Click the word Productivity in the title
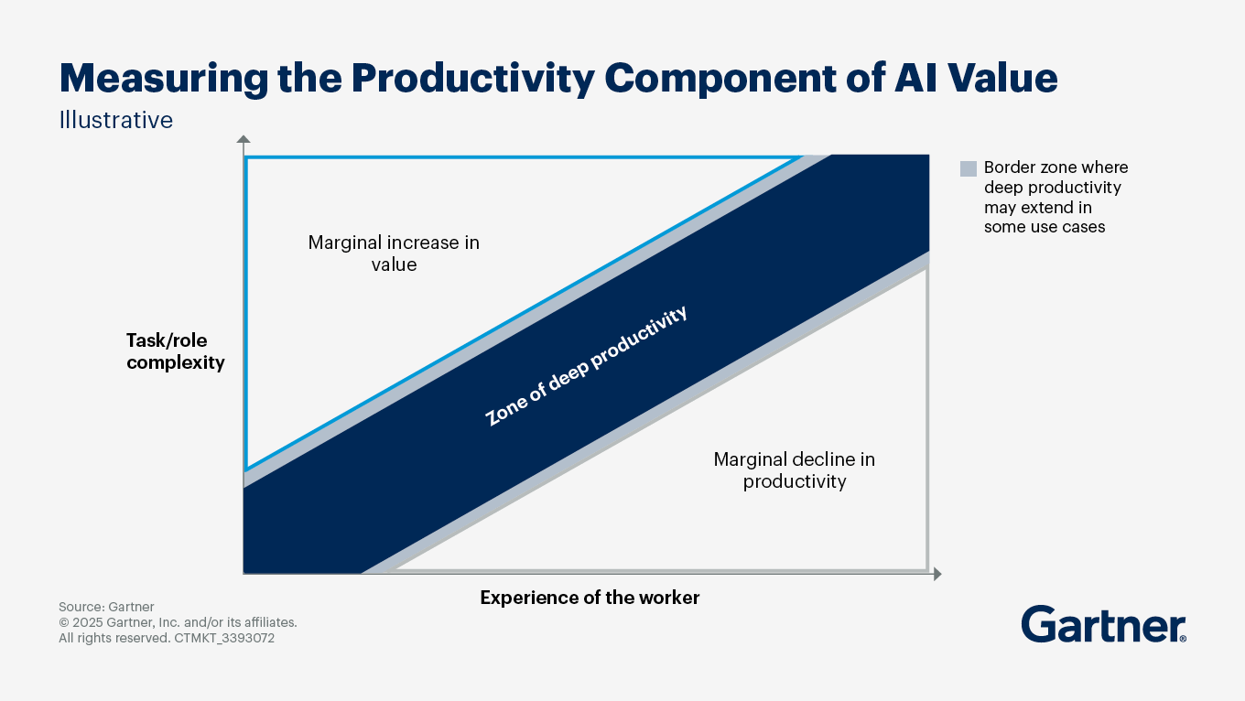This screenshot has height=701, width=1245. (x=474, y=79)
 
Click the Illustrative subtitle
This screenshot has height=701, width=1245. (x=115, y=120)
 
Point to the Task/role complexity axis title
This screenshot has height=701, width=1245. (x=175, y=351)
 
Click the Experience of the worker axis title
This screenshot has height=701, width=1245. (x=590, y=598)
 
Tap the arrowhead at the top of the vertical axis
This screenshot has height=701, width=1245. (x=244, y=140)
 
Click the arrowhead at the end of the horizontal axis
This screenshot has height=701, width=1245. (x=936, y=574)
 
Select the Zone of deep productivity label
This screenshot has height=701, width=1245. (x=586, y=366)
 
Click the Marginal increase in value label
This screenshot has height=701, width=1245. (x=394, y=253)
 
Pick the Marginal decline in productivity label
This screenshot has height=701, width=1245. (x=794, y=469)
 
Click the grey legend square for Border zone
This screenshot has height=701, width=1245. (x=968, y=168)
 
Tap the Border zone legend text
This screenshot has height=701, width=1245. (x=1055, y=197)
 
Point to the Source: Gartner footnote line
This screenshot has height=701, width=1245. (x=106, y=607)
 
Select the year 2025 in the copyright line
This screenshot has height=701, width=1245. (x=89, y=622)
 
